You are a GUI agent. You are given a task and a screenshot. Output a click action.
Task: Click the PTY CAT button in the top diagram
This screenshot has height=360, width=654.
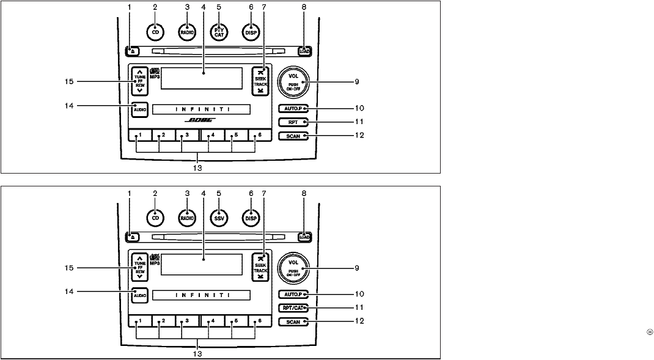tap(218, 31)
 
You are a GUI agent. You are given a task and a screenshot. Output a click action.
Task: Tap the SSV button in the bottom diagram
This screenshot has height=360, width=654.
tap(218, 217)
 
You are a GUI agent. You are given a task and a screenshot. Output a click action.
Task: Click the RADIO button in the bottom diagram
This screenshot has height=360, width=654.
tap(186, 217)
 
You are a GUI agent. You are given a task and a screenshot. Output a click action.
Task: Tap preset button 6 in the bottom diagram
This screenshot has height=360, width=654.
tap(259, 321)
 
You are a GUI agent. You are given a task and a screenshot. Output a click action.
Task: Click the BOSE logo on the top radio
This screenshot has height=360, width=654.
tap(200, 120)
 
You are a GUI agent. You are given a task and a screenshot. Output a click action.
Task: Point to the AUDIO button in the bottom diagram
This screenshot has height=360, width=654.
tap(140, 295)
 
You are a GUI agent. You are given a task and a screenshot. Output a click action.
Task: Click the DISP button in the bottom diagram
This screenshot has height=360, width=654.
tap(249, 217)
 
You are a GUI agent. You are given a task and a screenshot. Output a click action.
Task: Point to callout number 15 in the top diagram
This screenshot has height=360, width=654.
tap(69, 81)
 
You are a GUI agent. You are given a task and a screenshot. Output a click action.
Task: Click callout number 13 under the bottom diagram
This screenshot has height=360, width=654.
tap(196, 353)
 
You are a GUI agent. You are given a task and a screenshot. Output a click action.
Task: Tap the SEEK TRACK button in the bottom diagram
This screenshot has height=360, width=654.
tap(261, 266)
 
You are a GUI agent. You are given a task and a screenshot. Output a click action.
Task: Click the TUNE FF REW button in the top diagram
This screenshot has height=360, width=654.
tap(140, 81)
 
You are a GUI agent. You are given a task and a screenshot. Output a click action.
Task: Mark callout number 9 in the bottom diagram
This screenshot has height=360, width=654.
tap(356, 267)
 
